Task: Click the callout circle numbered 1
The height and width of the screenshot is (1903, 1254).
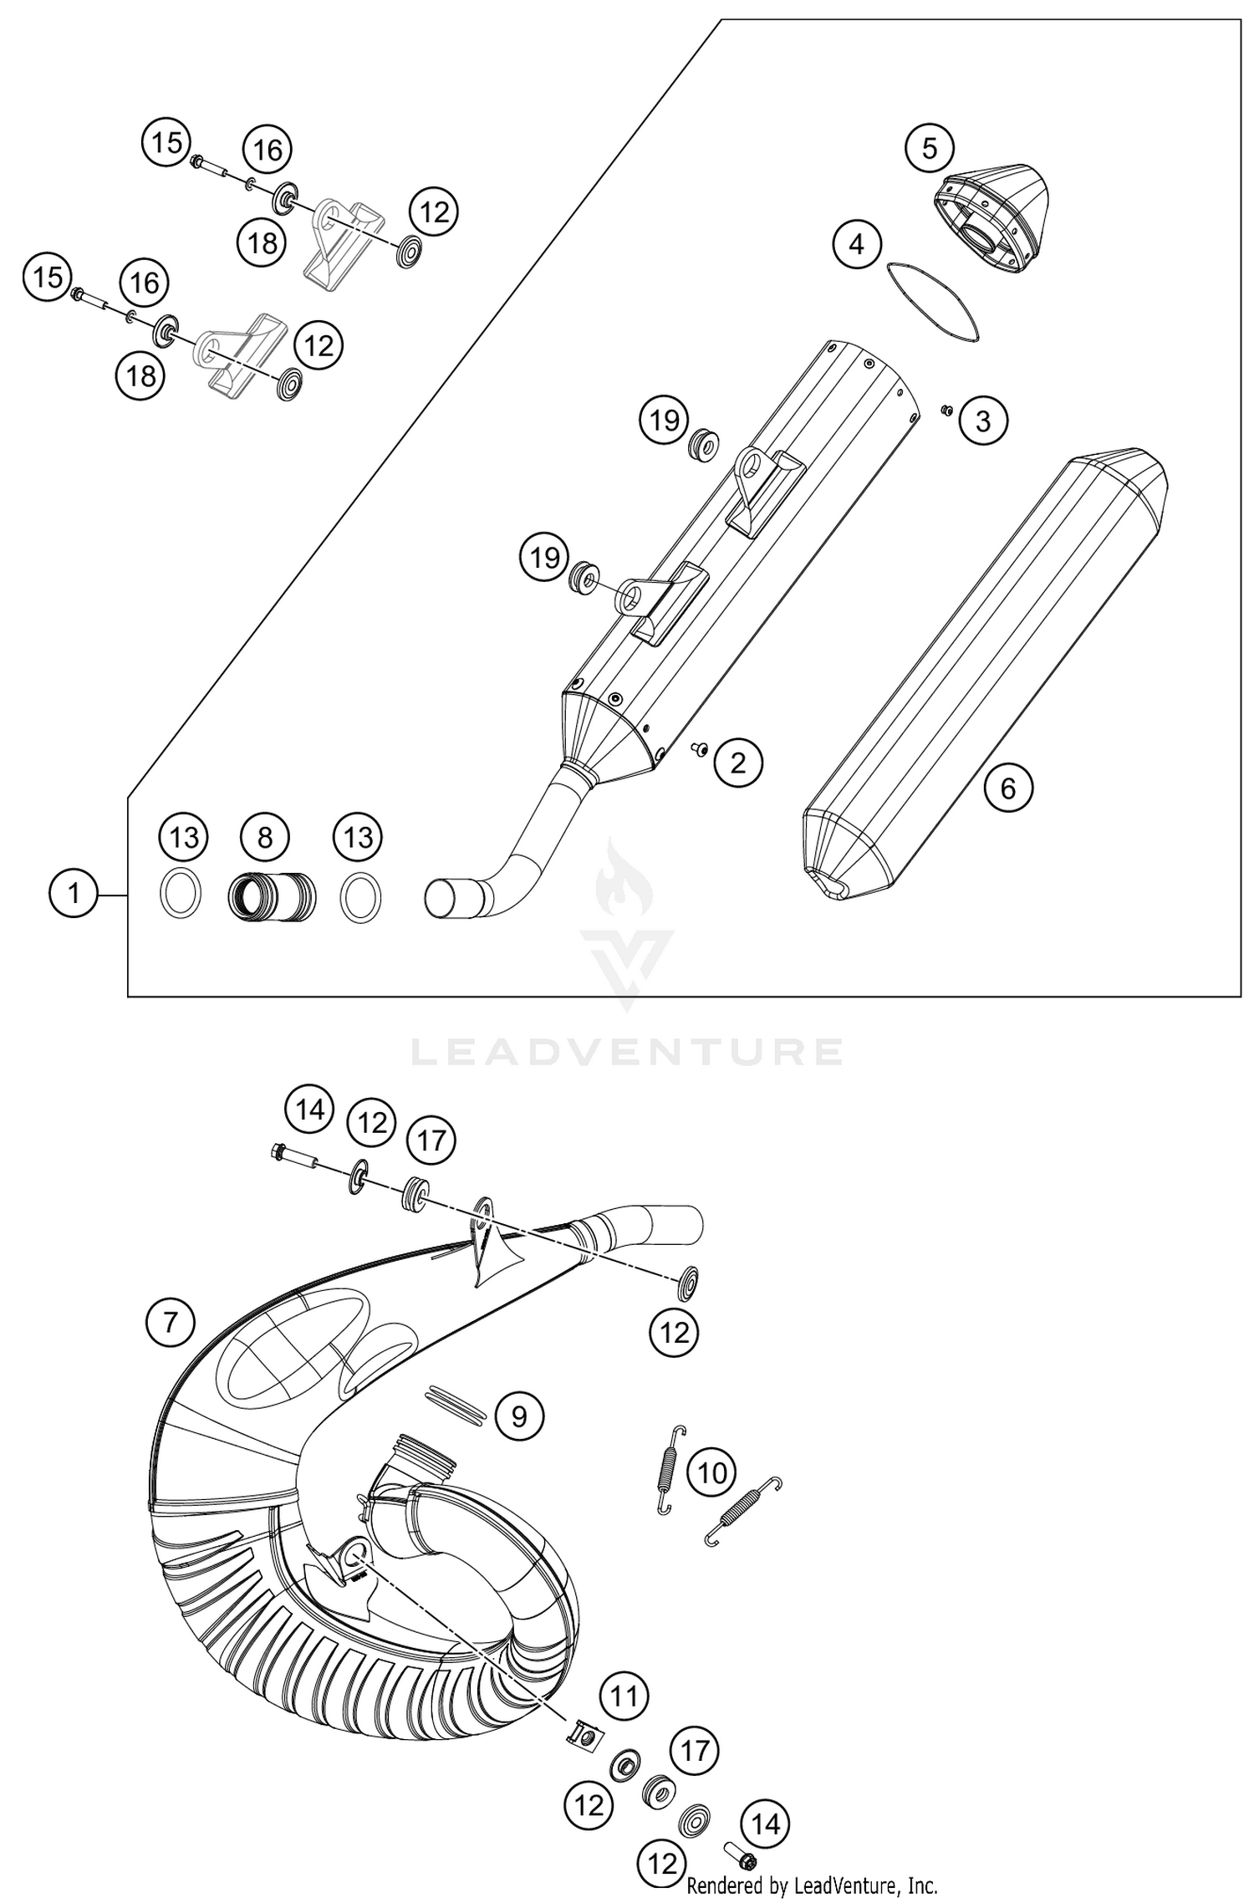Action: pos(74,895)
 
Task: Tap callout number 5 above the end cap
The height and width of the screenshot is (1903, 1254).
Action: pos(930,149)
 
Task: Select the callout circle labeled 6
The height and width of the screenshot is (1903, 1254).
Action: pos(1007,788)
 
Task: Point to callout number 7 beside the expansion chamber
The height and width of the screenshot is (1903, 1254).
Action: pos(170,1323)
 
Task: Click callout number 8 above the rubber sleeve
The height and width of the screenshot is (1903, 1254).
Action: pos(264,837)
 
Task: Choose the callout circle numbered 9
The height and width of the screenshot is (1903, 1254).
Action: pos(519,1416)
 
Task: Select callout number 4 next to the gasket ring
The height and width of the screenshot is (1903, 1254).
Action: pos(856,245)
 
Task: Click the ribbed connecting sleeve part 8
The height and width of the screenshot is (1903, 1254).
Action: pos(272,895)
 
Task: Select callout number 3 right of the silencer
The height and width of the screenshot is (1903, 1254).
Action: pos(982,421)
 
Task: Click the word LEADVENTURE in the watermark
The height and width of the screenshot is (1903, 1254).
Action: pos(626,1052)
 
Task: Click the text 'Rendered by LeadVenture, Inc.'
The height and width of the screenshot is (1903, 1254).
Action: pos(812,1885)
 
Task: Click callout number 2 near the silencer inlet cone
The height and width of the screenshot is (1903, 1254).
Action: pos(737,763)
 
